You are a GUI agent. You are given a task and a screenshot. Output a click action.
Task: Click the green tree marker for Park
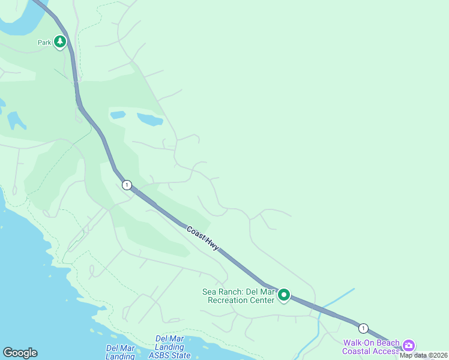[x=59, y=41]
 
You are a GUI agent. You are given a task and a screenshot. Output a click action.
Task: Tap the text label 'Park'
[x=44, y=43]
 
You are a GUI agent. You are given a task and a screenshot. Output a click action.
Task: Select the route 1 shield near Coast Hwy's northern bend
[x=126, y=185]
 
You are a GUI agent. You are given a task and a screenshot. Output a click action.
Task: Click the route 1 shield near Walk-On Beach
[x=363, y=328]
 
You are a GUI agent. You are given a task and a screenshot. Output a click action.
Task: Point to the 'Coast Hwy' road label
[x=202, y=238]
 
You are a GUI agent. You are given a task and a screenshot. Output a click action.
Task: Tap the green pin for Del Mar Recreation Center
[x=283, y=295]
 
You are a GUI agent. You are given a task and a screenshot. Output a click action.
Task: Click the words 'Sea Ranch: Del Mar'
[x=238, y=292]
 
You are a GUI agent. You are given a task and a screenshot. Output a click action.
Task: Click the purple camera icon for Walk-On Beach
[x=409, y=344]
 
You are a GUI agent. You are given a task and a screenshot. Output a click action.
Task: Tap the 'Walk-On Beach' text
[x=370, y=343]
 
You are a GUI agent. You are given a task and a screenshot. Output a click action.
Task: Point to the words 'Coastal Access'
[x=370, y=351]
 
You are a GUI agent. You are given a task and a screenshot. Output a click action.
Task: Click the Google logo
[x=20, y=353]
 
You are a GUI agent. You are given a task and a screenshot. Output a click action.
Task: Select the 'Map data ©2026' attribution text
[x=423, y=355]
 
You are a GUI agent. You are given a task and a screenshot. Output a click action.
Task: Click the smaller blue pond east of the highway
[x=118, y=115]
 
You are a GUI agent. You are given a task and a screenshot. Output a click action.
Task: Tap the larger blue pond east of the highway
[x=149, y=119]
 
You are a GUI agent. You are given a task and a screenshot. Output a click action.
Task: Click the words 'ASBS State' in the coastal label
[x=172, y=355]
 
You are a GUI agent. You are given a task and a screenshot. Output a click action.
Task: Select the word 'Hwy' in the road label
[x=212, y=245]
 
